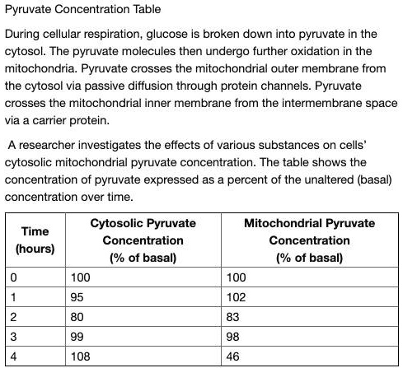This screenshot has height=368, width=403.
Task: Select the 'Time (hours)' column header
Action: (35, 240)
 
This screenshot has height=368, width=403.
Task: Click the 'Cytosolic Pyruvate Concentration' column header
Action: (143, 240)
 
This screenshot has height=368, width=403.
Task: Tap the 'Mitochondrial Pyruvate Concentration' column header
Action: (309, 240)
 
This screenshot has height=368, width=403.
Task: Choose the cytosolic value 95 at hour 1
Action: (78, 298)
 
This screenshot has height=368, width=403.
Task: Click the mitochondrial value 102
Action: (235, 298)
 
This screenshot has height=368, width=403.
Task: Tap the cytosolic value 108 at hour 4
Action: (81, 356)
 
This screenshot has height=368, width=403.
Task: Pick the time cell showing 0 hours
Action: (13, 278)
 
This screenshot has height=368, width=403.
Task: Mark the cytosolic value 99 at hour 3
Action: (78, 337)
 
